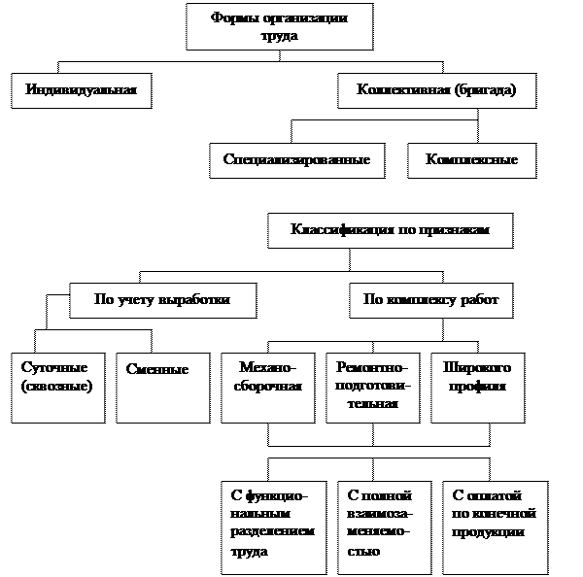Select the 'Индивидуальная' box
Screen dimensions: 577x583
point(81,91)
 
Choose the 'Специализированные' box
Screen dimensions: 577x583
point(296,160)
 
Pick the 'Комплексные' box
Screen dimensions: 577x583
point(470,160)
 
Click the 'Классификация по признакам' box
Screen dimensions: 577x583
point(390,230)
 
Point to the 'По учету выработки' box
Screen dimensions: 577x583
point(162,300)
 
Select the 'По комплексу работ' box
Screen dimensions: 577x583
point(430,300)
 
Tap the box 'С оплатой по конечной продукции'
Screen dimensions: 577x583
point(495,526)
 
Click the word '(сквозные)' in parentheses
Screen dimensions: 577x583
point(56,386)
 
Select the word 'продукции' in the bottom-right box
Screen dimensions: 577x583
point(490,531)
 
